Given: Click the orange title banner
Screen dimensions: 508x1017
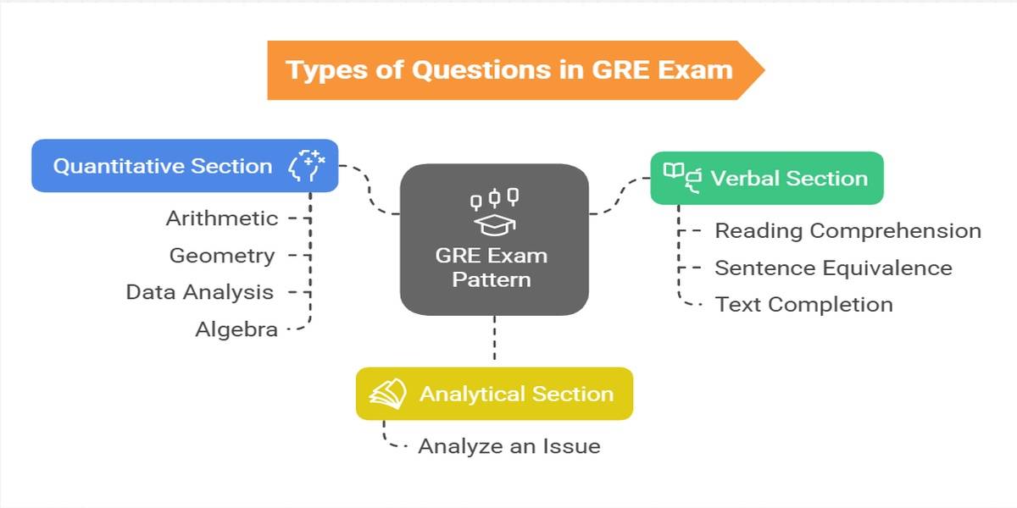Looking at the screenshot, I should [508, 69].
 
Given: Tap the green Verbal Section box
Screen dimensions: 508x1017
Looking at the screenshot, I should [767, 178].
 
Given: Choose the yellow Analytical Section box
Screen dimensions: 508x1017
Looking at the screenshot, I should [494, 394].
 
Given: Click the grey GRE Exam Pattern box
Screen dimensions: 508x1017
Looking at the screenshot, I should [494, 240].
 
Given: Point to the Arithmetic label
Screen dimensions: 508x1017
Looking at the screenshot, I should [222, 218].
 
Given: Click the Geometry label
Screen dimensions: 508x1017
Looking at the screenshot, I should [222, 255].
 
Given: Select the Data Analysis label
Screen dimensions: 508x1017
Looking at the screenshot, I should [200, 292].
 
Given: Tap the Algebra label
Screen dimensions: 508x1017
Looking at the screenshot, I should [236, 329].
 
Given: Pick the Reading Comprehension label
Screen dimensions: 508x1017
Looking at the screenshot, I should [847, 230].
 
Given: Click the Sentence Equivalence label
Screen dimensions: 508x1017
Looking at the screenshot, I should [833, 268].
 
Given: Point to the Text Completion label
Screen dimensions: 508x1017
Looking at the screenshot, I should [803, 304].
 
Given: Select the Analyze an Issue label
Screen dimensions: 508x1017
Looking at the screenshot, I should [508, 446].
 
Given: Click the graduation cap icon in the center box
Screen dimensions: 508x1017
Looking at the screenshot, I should [494, 224].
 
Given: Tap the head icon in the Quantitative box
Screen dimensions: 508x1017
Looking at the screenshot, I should [307, 165].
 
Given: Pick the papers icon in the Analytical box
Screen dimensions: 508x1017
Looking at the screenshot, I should [387, 394].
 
